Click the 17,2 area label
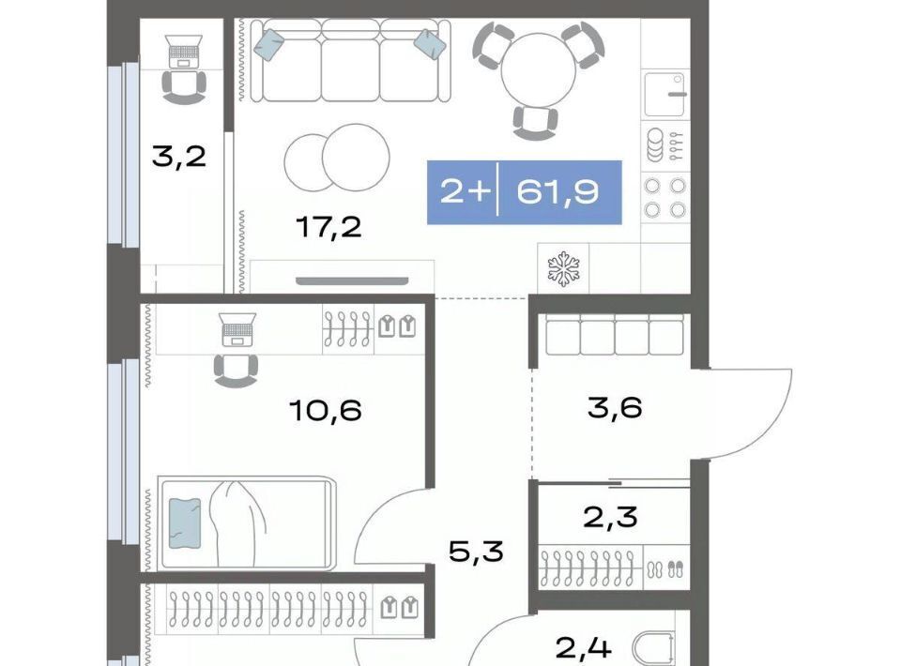click(328, 228)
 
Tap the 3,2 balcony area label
click(178, 156)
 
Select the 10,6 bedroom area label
click(326, 411)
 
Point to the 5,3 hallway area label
click(476, 552)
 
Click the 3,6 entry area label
click(615, 408)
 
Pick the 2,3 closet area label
click(610, 517)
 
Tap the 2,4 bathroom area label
click(583, 649)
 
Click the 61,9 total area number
click(557, 191)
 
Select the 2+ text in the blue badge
click(465, 191)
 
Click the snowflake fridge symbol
click(563, 268)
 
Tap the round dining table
click(539, 70)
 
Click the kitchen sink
click(664, 95)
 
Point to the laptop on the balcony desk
click(184, 52)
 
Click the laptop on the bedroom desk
click(237, 329)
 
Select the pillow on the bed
click(185, 523)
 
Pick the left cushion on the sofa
click(269, 45)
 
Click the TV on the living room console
click(352, 280)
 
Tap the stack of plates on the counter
click(654, 145)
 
